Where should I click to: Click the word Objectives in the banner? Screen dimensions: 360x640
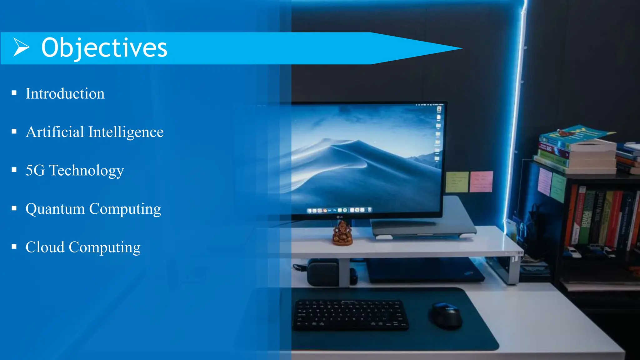tap(104, 48)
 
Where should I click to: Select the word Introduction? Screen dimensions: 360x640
tap(65, 94)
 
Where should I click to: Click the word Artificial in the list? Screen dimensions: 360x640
tap(55, 132)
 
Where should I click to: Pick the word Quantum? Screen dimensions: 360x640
tap(55, 209)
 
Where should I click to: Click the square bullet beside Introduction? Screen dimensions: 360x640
tap(14, 93)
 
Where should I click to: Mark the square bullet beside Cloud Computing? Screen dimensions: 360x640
tap(14, 247)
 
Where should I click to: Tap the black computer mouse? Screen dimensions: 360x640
tap(446, 315)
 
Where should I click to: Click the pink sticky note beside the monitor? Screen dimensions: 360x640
tap(481, 182)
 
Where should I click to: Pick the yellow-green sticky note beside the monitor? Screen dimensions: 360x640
tap(457, 182)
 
